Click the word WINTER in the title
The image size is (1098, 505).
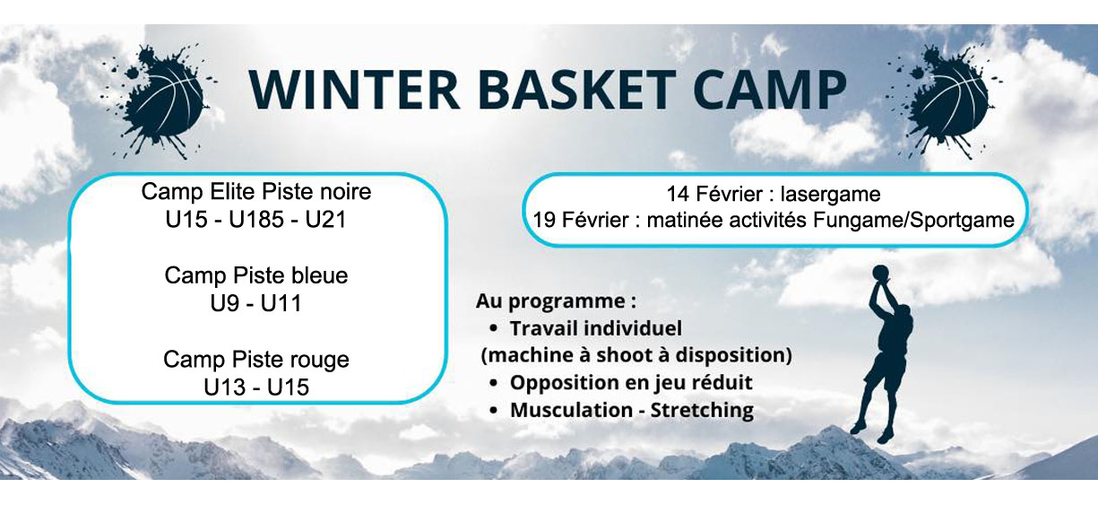click(354, 91)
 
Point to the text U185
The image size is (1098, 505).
click(255, 220)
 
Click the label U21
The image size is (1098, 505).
click(325, 220)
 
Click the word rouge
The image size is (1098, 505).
click(320, 360)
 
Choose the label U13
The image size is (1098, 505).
click(224, 387)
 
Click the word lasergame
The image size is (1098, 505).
click(830, 195)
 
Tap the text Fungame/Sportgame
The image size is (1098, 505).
click(913, 220)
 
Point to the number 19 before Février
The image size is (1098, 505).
click(544, 220)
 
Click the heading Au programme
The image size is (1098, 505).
click(556, 300)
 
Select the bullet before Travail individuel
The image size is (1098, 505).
click(494, 328)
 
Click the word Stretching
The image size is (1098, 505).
click(702, 410)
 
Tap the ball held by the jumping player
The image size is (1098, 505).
click(880, 273)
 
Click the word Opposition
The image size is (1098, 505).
click(561, 383)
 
